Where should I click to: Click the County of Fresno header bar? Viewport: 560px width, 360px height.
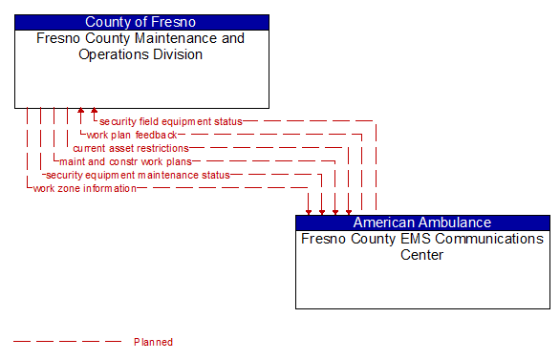coord(141,22)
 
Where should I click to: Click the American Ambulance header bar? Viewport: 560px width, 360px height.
coord(422,222)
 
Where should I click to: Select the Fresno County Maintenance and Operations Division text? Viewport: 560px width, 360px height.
coord(140,47)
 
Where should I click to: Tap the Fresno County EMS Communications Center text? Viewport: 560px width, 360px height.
coord(422,246)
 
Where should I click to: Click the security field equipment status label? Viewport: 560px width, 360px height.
coord(170,121)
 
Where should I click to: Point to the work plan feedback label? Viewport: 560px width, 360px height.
coord(132,135)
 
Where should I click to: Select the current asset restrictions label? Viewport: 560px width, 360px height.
coord(131,148)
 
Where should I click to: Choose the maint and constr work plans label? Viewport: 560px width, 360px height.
coord(125,161)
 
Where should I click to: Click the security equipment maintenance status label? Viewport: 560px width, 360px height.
coord(138,175)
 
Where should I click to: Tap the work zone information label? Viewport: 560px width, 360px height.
coord(84,188)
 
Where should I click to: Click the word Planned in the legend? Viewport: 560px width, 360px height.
coord(153,342)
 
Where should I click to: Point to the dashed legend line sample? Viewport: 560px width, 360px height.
coord(67,342)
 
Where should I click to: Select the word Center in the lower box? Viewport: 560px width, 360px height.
coord(422,255)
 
